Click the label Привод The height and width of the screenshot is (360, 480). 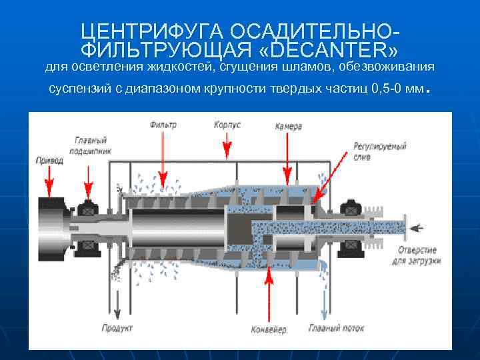point(50,160)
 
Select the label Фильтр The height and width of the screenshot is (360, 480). point(164,125)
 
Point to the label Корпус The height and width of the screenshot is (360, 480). point(227,125)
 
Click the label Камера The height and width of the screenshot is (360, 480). point(289,126)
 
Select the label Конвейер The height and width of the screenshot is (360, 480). point(270,330)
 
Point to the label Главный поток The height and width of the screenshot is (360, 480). point(336,328)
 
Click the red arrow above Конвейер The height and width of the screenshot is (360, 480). point(269,293)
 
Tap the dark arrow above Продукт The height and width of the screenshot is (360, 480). point(118,293)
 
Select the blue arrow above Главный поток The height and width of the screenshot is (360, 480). point(324,293)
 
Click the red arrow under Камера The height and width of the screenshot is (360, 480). point(288,157)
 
